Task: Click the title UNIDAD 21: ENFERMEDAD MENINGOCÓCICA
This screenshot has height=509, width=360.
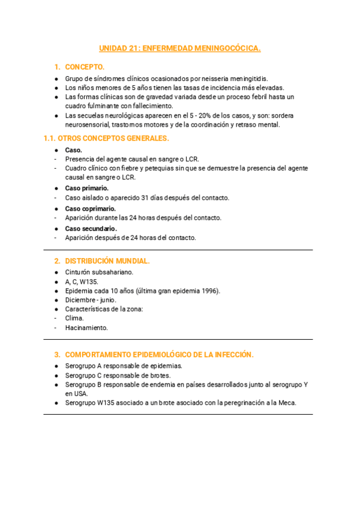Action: pos(180,49)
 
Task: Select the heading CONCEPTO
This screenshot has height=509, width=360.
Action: pos(85,67)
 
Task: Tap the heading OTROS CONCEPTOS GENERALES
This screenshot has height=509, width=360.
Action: pos(106,138)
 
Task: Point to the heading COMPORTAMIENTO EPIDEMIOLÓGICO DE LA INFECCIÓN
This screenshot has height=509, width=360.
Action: pos(159,355)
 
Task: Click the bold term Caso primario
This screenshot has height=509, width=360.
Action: pos(87,188)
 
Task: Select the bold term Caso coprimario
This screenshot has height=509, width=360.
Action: pos(91,209)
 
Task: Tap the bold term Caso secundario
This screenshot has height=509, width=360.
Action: pos(91,229)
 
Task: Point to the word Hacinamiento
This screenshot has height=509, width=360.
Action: pos(86,328)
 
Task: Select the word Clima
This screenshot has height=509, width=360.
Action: pos(74,318)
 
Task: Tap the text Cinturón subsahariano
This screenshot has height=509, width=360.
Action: pos(99,272)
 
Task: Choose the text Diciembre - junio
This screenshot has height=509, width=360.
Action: pos(91,300)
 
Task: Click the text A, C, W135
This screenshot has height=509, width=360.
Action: pos(82,282)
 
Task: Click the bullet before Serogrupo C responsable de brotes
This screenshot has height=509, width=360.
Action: pos(56,375)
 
